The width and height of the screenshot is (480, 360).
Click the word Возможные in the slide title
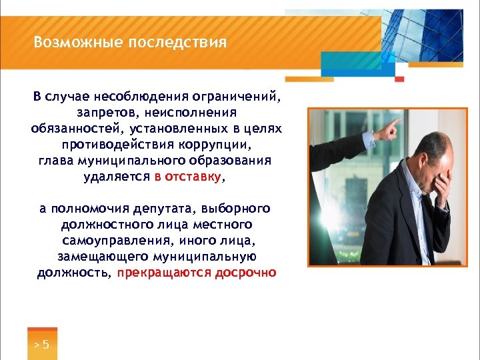point(67,43)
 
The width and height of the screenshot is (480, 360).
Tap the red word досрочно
point(245,273)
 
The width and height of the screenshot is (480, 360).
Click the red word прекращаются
point(164,273)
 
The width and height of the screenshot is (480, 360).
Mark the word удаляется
point(117,177)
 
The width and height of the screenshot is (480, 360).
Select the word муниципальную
point(205,257)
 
